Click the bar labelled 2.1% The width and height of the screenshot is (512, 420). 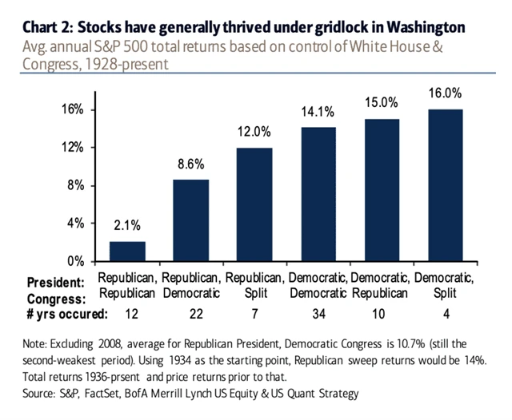click(x=127, y=252)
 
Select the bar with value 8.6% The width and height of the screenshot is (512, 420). click(x=190, y=220)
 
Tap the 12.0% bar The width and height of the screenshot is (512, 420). click(x=254, y=204)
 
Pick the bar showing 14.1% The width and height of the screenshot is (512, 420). click(x=317, y=194)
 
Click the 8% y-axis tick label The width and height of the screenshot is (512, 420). click(x=76, y=185)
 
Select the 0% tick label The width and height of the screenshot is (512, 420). click(x=76, y=261)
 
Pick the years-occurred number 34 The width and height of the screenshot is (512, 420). click(x=317, y=314)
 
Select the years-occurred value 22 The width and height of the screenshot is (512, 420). click(x=190, y=314)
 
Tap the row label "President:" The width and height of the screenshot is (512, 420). click(x=55, y=282)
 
